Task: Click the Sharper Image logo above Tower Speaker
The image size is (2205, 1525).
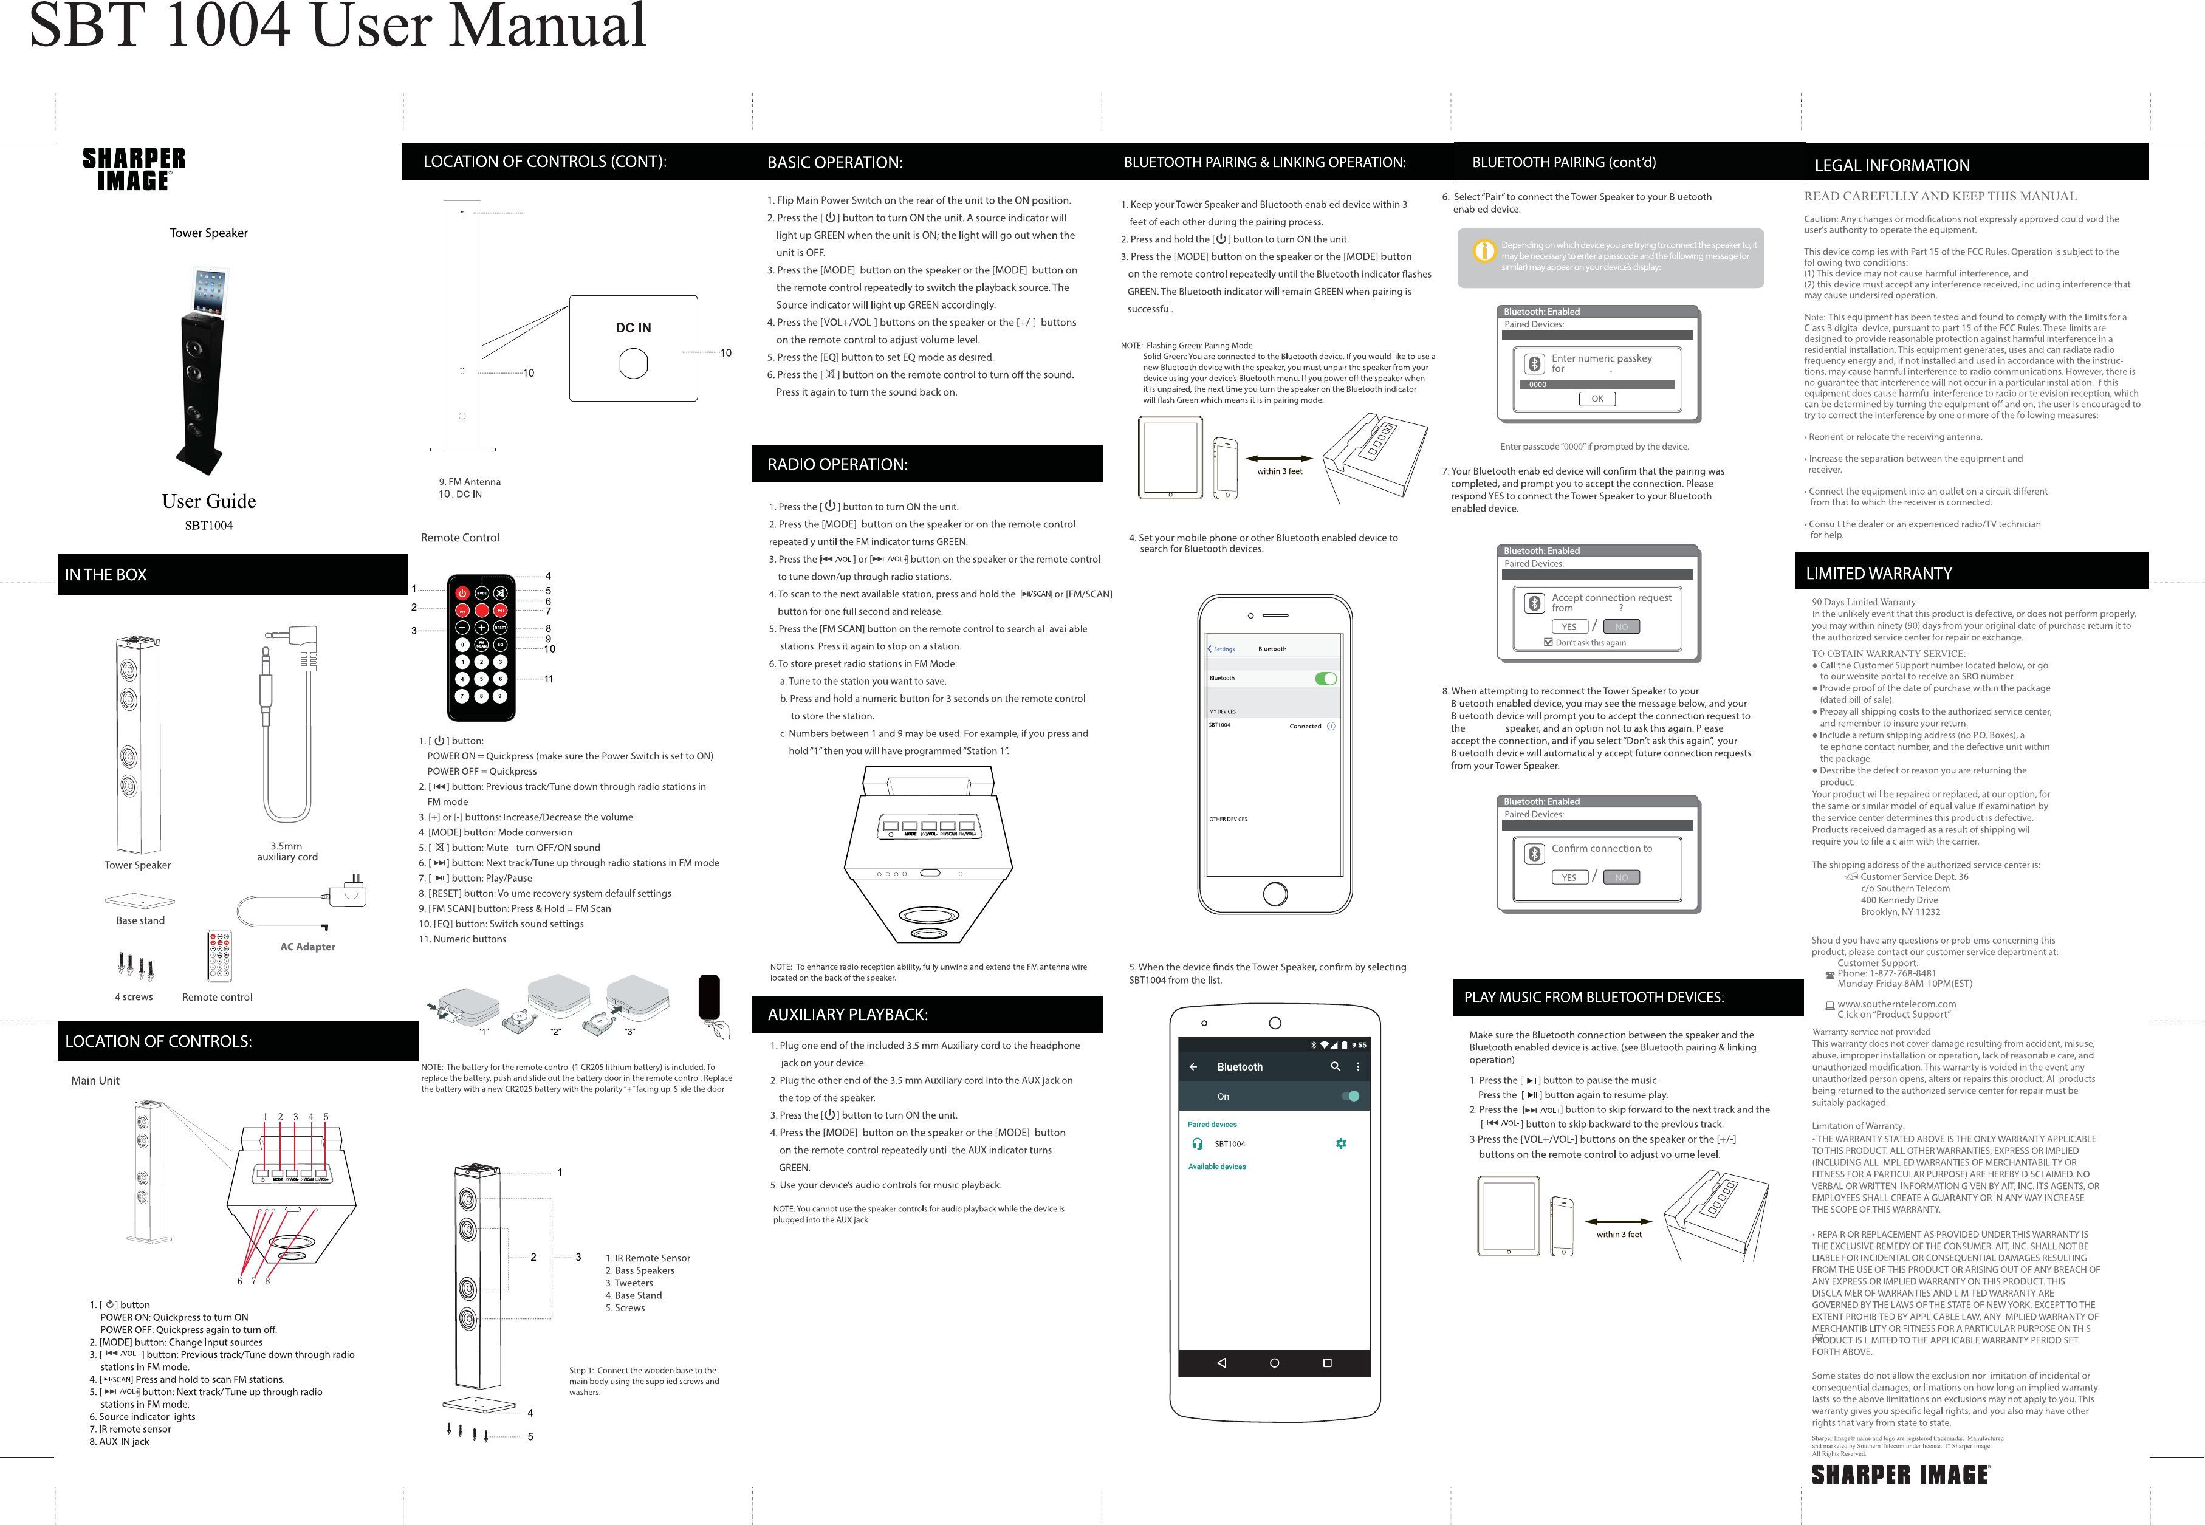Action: click(x=134, y=169)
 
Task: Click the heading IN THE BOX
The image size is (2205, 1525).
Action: click(x=106, y=574)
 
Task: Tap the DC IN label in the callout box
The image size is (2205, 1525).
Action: click(x=633, y=327)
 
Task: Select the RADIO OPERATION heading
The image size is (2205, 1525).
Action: click(x=837, y=464)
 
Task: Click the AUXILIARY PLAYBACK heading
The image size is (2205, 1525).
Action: click(x=848, y=1015)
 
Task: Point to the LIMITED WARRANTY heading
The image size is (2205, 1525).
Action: click(x=1878, y=574)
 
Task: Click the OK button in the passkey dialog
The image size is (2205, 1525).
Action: click(x=1596, y=399)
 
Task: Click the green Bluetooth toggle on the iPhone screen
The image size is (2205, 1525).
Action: click(x=1325, y=679)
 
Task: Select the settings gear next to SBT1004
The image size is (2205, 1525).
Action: click(x=1340, y=1143)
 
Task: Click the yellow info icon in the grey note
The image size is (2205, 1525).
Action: click(x=1484, y=252)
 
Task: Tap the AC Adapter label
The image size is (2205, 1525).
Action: click(x=307, y=947)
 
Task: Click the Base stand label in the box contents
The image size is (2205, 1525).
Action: click(x=140, y=921)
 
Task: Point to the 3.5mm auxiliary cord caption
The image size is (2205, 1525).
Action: click(x=287, y=851)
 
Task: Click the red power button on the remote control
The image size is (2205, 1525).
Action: click(x=462, y=594)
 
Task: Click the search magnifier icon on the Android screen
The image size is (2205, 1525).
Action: click(x=1335, y=1066)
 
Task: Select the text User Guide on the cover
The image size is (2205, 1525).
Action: click(x=208, y=502)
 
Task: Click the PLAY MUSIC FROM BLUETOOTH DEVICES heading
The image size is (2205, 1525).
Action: click(x=1594, y=998)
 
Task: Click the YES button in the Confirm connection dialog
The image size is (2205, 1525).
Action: click(x=1569, y=877)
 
